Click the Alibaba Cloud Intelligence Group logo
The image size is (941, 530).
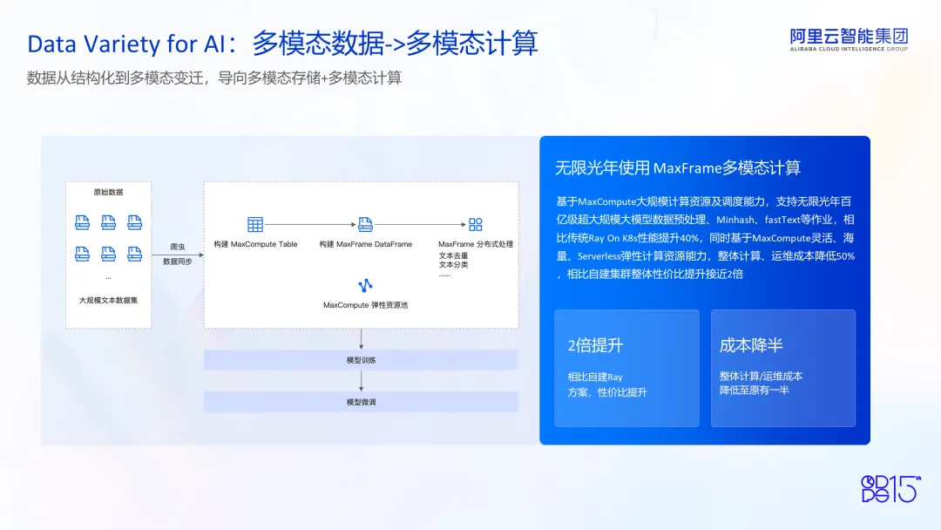(x=849, y=39)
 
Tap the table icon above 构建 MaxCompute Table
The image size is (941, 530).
(x=255, y=225)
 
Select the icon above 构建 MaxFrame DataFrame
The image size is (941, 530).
(x=365, y=225)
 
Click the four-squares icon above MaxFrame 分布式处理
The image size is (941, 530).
(x=476, y=225)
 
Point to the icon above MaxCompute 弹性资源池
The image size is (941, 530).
(x=365, y=285)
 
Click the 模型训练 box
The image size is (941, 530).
(x=361, y=360)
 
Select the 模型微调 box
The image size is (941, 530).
(x=361, y=402)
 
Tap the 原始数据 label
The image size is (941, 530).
(x=108, y=192)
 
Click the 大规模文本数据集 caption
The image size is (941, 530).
(x=108, y=300)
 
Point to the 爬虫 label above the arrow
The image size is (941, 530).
(x=178, y=247)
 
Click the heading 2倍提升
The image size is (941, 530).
(x=595, y=345)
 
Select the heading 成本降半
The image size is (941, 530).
(x=751, y=345)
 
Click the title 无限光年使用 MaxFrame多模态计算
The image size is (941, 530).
(x=678, y=167)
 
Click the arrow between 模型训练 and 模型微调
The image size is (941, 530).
(x=361, y=381)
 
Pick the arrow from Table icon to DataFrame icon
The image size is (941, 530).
(x=310, y=225)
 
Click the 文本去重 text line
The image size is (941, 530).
(x=453, y=255)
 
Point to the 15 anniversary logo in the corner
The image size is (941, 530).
(x=890, y=488)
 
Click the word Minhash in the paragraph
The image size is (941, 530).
(x=735, y=220)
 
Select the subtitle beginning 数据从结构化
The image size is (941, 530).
(x=214, y=78)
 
